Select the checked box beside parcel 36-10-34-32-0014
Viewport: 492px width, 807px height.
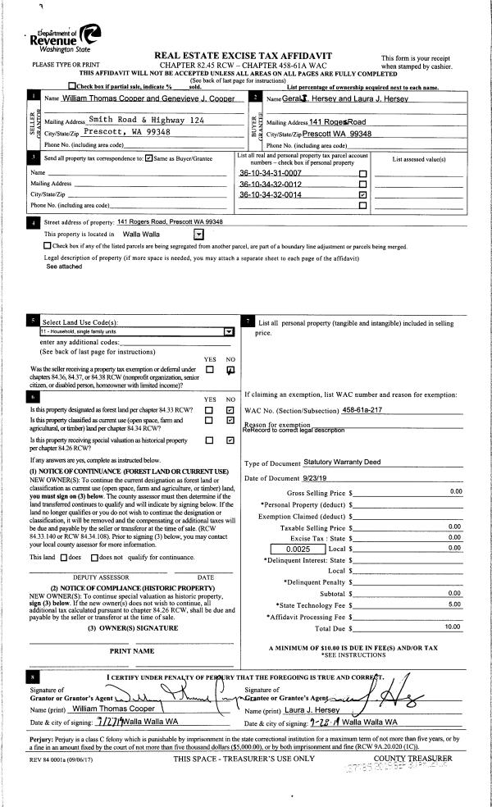coord(362,195)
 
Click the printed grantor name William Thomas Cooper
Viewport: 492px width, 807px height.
coord(113,708)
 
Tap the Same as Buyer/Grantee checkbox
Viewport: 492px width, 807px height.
coord(148,158)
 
